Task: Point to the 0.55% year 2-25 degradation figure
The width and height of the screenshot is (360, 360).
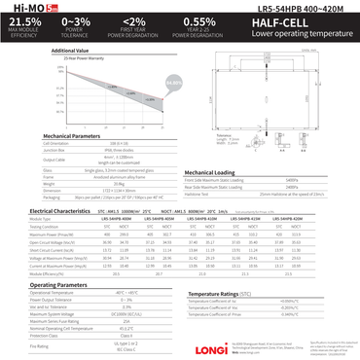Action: [198, 20]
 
